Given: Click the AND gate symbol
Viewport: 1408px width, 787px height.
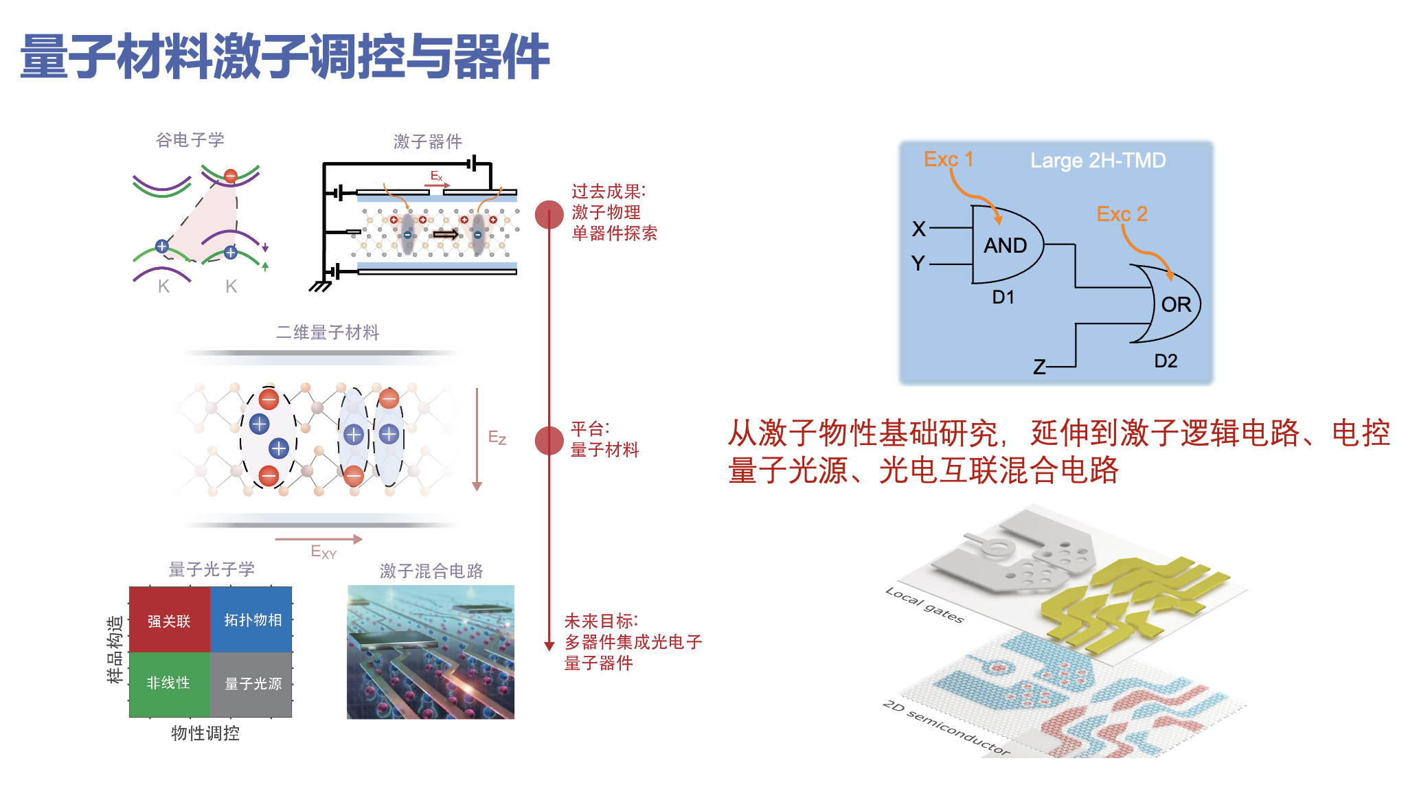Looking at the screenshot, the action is (1007, 244).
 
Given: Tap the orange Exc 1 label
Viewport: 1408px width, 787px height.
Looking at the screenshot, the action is (949, 159).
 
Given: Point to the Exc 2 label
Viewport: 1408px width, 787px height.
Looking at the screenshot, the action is (1122, 214).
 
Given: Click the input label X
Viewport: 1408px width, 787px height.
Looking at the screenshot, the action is (919, 229).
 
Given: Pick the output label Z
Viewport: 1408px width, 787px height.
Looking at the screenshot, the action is (1040, 367).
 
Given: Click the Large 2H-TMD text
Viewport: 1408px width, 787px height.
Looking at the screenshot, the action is (1098, 161).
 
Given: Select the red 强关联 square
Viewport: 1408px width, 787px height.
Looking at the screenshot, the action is (170, 619).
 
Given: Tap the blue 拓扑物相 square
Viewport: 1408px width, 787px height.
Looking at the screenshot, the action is (251, 619).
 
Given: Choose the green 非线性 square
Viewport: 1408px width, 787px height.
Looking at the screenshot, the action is (170, 684).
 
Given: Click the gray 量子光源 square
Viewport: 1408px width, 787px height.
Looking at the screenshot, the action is (251, 684).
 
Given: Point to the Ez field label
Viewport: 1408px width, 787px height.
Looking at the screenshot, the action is (497, 437).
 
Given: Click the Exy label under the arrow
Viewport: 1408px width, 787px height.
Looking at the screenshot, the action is (323, 552).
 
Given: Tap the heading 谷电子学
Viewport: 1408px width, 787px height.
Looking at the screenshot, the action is (190, 140).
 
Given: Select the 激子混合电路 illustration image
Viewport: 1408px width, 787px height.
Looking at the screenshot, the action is (431, 652).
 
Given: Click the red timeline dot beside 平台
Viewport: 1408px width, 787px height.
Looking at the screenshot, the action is (549, 441).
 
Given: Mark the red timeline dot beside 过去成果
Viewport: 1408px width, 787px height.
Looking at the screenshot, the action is (549, 215).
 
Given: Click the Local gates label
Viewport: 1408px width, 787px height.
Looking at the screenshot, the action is (924, 604).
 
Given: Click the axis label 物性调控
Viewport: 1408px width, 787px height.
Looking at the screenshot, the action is (205, 733).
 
